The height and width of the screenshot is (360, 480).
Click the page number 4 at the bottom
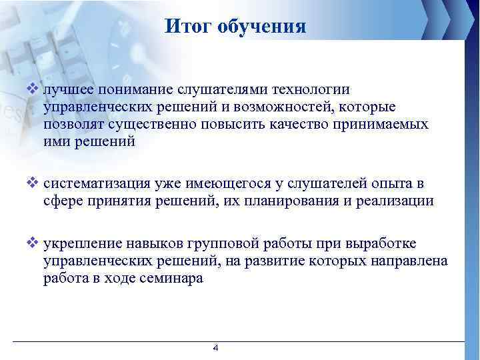[x=215, y=348]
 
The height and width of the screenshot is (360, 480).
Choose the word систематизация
[x=95, y=184]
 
